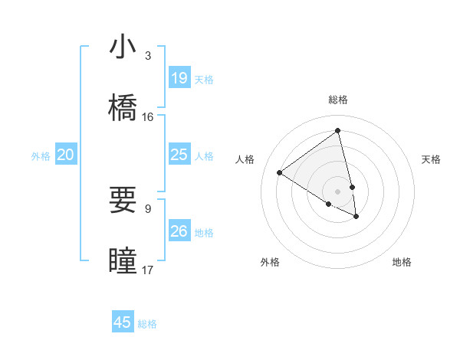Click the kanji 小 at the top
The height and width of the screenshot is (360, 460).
pos(123,47)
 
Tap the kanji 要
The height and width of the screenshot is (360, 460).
pos(123,200)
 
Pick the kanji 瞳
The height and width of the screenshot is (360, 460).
pos(123,261)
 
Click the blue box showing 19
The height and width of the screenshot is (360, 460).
pos(179,78)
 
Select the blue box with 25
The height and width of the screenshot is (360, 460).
pos(179,155)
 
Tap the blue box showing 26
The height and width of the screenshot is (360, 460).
pos(179,231)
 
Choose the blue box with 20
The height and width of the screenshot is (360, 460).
pos(66,155)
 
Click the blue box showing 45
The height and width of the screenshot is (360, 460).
pos(123,322)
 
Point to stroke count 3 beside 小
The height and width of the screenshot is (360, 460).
pos(148,56)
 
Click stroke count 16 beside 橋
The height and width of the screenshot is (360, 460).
pos(148,117)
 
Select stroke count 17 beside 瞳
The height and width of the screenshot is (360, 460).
pos(148,270)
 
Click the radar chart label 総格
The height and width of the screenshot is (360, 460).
pos(338,100)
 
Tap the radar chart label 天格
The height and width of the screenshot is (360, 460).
pos(432,159)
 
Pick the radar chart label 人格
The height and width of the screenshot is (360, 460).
pos(245,159)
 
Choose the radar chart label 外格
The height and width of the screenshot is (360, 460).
pos(270,262)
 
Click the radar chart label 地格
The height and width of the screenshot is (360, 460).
pos(402,262)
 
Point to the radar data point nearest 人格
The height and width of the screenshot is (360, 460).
pos(279,173)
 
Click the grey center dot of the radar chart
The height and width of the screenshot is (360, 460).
pos(338,191)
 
